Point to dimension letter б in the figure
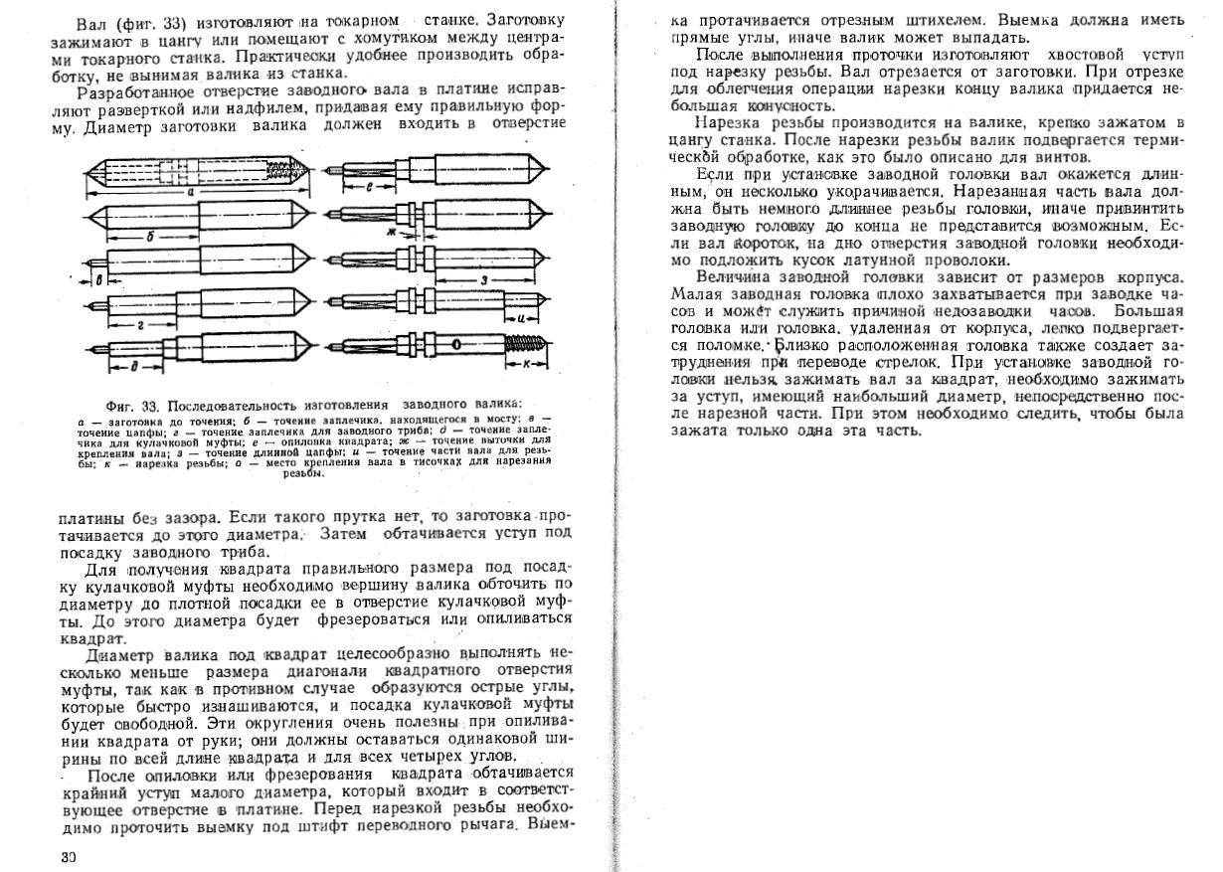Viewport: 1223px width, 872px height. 149,237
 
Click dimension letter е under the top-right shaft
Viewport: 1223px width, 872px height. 370,186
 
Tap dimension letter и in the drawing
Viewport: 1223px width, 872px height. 522,318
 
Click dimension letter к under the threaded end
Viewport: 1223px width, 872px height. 527,364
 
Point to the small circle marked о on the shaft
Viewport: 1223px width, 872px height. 454,345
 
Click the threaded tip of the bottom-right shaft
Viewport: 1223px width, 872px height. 526,345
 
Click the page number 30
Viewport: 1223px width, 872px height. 68,856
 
